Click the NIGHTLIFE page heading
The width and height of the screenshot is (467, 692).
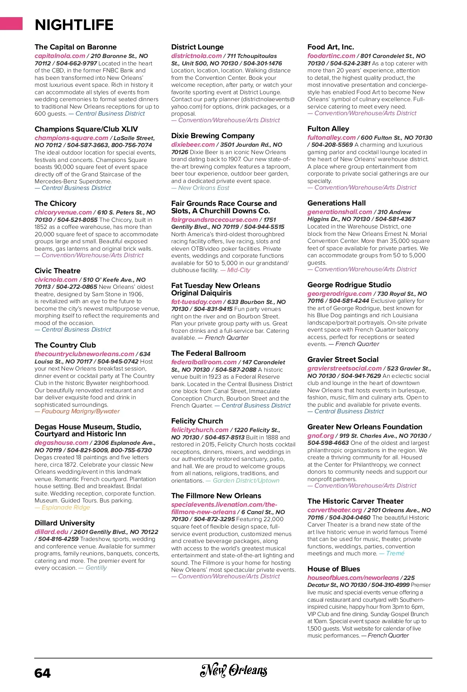(x=74, y=25)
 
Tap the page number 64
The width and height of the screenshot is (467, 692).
(x=42, y=673)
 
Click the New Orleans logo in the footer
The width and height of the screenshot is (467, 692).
(x=233, y=670)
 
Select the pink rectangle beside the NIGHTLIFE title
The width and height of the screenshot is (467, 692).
(x=11, y=23)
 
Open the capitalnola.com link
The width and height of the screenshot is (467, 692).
(x=60, y=56)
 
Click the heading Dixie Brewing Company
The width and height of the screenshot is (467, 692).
(x=212, y=136)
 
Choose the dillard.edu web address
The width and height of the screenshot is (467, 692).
(x=51, y=532)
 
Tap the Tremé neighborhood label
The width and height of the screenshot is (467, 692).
(x=395, y=553)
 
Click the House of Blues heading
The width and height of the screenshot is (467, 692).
(x=334, y=569)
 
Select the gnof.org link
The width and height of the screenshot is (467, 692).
(x=320, y=436)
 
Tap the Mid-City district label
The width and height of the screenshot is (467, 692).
(x=239, y=270)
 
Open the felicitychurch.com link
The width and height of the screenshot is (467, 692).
(x=200, y=430)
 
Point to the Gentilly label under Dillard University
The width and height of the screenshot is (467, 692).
(x=96, y=568)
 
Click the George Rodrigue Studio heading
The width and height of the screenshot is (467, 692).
(x=349, y=285)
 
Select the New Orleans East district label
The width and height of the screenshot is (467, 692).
(x=204, y=188)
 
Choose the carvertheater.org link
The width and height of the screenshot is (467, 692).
(x=335, y=510)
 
